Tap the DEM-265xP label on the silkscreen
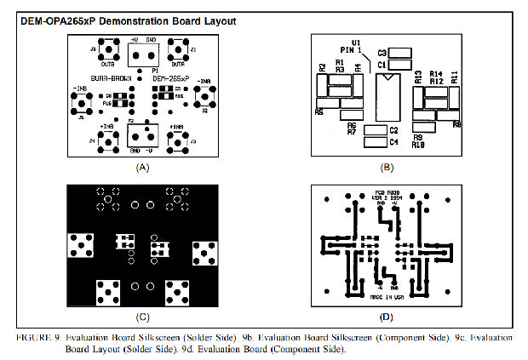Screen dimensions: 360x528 (170, 78)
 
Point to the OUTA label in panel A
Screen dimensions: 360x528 (177, 63)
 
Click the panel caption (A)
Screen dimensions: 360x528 (142, 169)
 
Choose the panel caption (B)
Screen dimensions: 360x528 (387, 169)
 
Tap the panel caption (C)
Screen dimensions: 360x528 (142, 317)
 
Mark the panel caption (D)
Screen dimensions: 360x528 (387, 317)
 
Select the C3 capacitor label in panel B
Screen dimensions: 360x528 (383, 53)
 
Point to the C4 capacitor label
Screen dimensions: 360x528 (393, 142)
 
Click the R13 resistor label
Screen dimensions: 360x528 (419, 78)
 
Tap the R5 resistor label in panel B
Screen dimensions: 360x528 (319, 111)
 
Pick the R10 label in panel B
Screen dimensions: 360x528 (418, 146)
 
